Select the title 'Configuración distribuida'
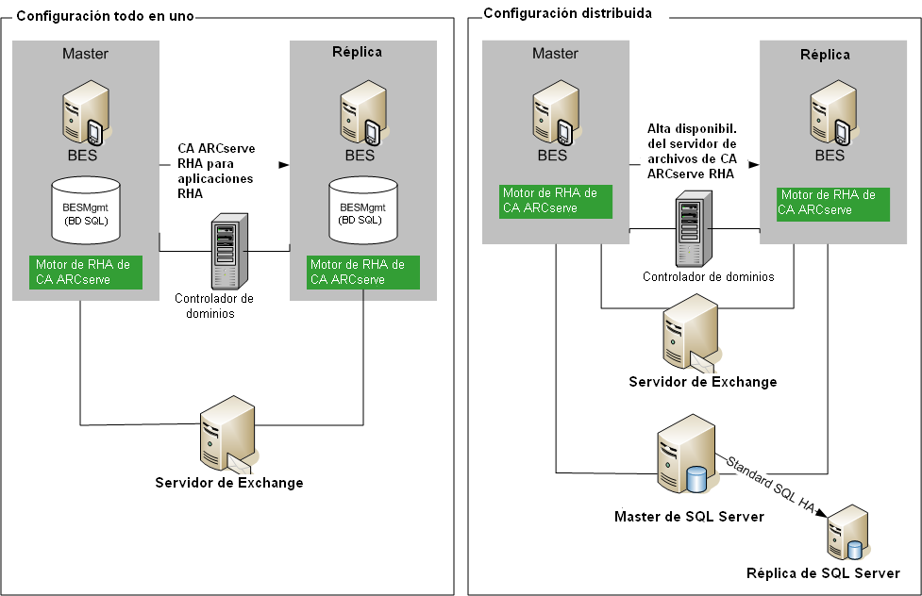(x=567, y=13)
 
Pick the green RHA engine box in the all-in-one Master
(x=85, y=272)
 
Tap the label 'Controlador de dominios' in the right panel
(x=708, y=277)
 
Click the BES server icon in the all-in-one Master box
(x=82, y=112)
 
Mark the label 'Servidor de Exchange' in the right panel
(x=703, y=382)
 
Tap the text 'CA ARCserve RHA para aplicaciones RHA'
(x=216, y=170)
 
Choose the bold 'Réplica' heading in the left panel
(x=358, y=52)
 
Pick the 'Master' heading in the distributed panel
(x=555, y=53)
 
